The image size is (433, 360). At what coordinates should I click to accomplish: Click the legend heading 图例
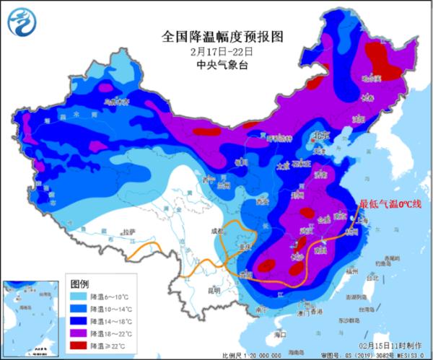80,281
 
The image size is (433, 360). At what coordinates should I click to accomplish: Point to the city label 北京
318,135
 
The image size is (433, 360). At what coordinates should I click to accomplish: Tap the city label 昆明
193,291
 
